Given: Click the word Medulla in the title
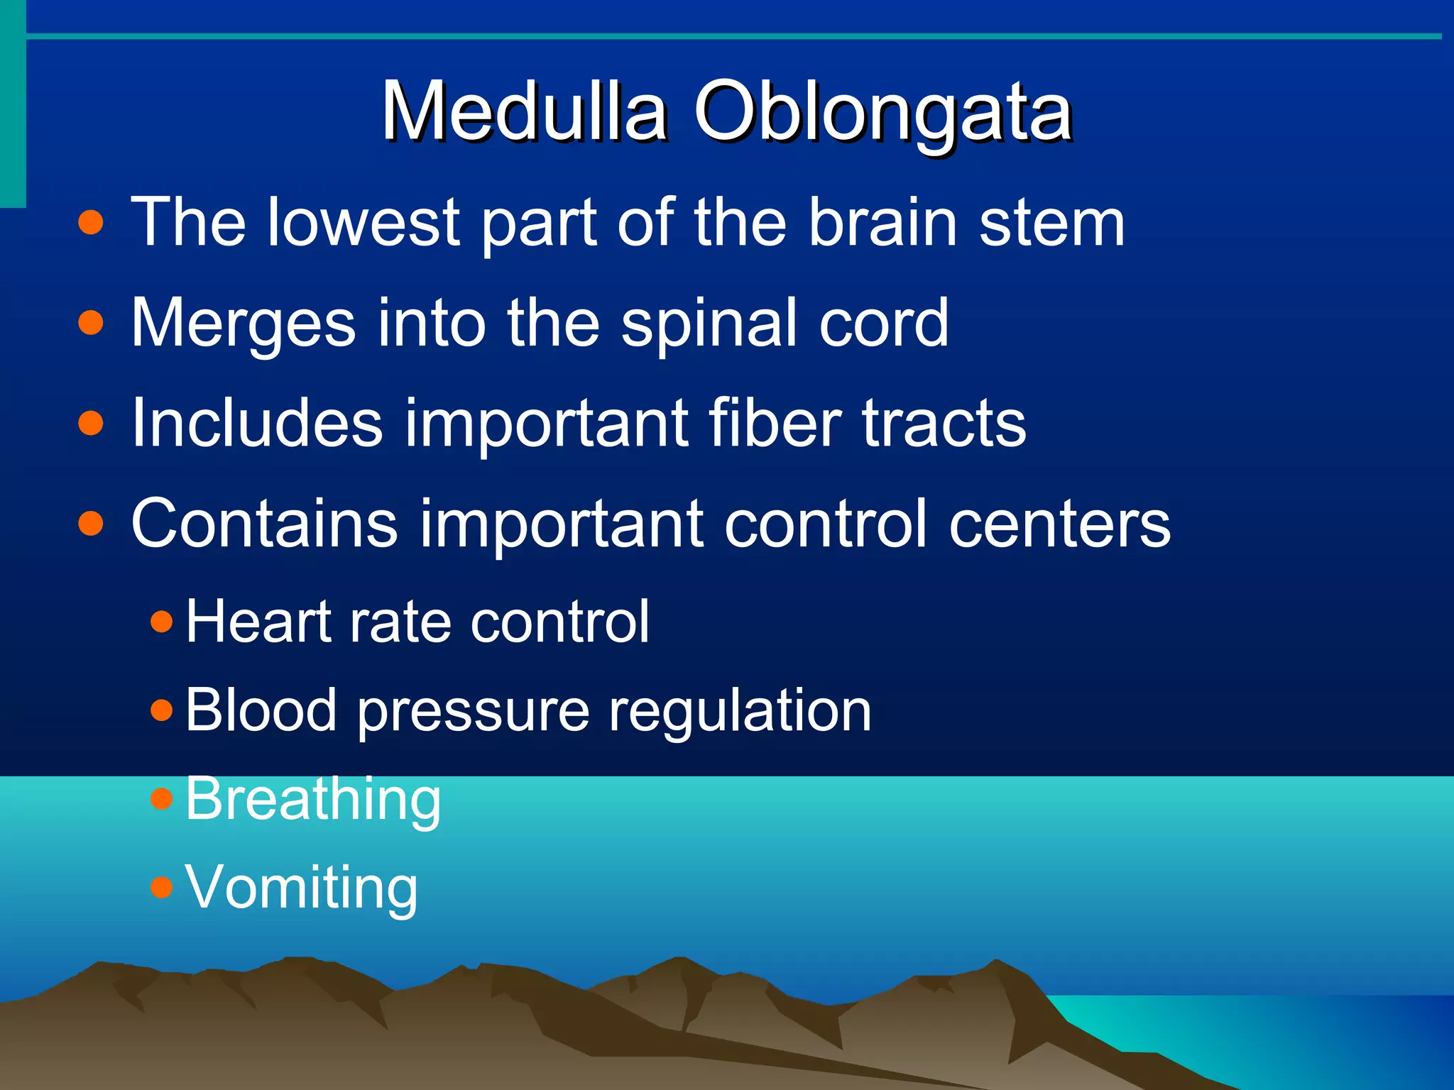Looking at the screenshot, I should [x=524, y=112].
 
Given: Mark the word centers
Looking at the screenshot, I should [x=1059, y=525].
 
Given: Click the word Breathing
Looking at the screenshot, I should [x=313, y=800].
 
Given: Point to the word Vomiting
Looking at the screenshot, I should [x=301, y=888].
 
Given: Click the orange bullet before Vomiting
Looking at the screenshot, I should [x=162, y=886].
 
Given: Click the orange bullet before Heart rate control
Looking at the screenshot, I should [x=162, y=622].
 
